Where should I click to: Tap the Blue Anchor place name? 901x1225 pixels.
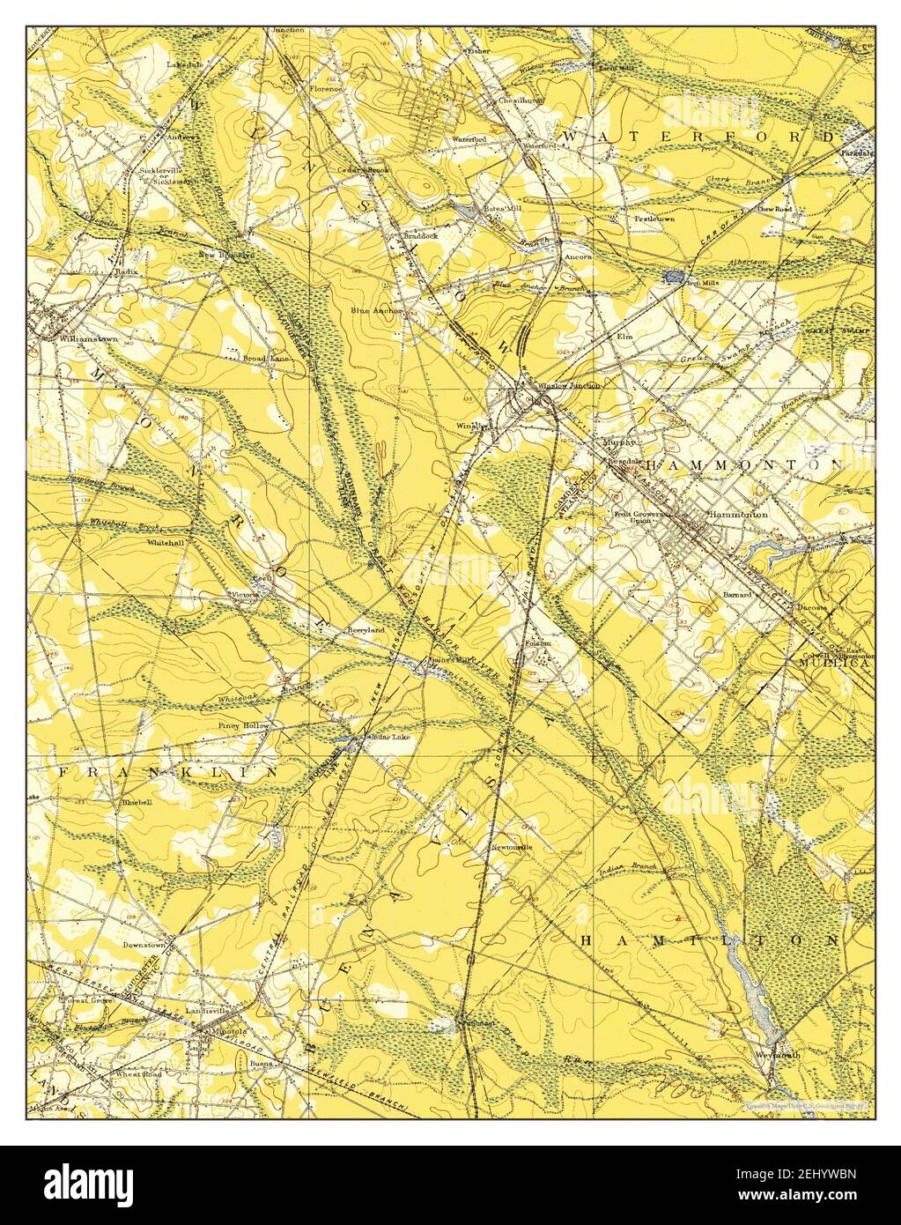pos(375,310)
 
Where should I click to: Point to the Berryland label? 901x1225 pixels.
pos(365,631)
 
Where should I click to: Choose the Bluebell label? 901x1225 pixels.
pos(137,803)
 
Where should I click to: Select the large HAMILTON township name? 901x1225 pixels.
pos(709,941)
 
